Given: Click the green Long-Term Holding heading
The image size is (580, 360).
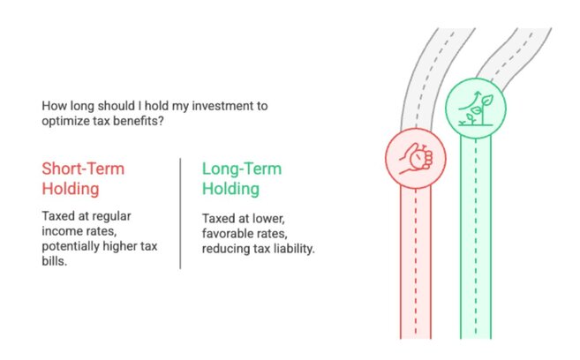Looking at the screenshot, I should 242,177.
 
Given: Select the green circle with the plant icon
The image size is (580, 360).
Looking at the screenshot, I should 473,107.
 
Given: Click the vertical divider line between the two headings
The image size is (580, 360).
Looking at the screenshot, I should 181,212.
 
